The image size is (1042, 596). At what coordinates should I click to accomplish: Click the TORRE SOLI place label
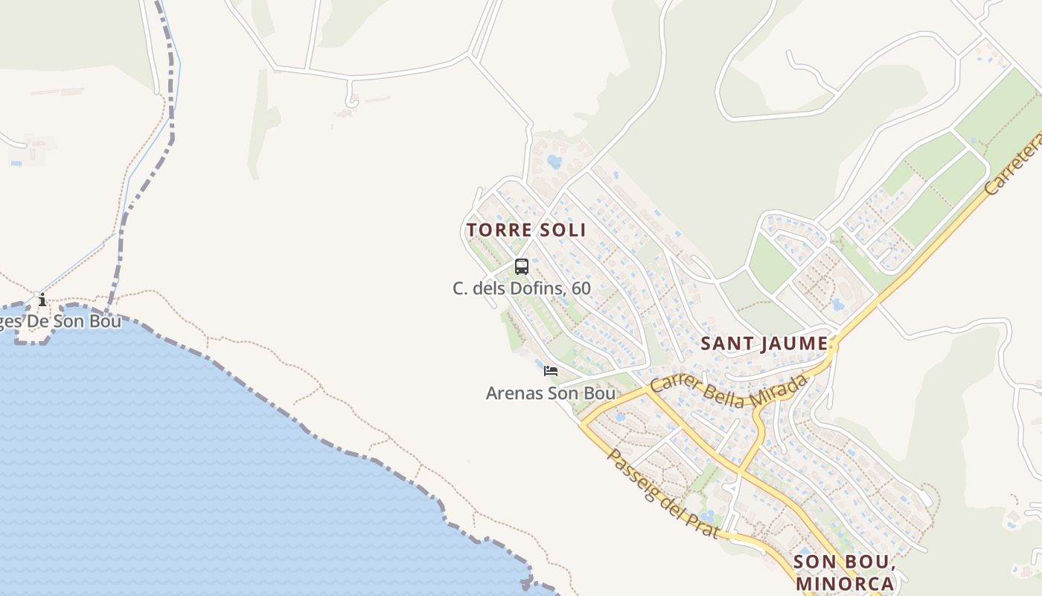pos(526,229)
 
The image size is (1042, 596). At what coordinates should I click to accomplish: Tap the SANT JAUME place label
pos(764,343)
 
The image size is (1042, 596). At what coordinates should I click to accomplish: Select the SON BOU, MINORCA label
pos(844,572)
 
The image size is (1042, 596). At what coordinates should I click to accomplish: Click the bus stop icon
pos(522,267)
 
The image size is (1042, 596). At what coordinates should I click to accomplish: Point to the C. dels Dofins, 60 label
pos(521,288)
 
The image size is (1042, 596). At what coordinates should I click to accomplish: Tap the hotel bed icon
pos(551,371)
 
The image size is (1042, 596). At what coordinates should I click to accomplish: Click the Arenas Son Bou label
pos(550,393)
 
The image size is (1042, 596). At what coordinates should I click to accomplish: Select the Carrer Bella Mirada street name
pos(729,391)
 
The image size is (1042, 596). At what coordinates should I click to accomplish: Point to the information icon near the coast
pos(42,300)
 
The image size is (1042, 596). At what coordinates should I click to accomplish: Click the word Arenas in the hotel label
pos(514,393)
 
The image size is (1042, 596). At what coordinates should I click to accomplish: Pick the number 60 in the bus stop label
pos(581,288)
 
